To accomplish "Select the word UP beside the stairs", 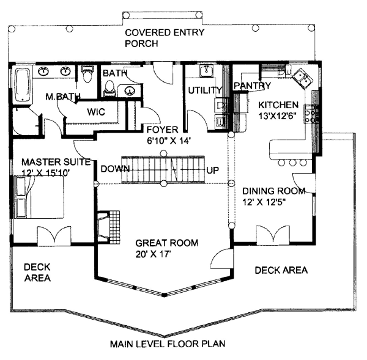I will coord(213,169).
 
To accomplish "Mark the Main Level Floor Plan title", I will coord(168,343).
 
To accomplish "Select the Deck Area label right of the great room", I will coord(281,270).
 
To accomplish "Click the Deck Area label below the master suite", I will coord(37,273).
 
